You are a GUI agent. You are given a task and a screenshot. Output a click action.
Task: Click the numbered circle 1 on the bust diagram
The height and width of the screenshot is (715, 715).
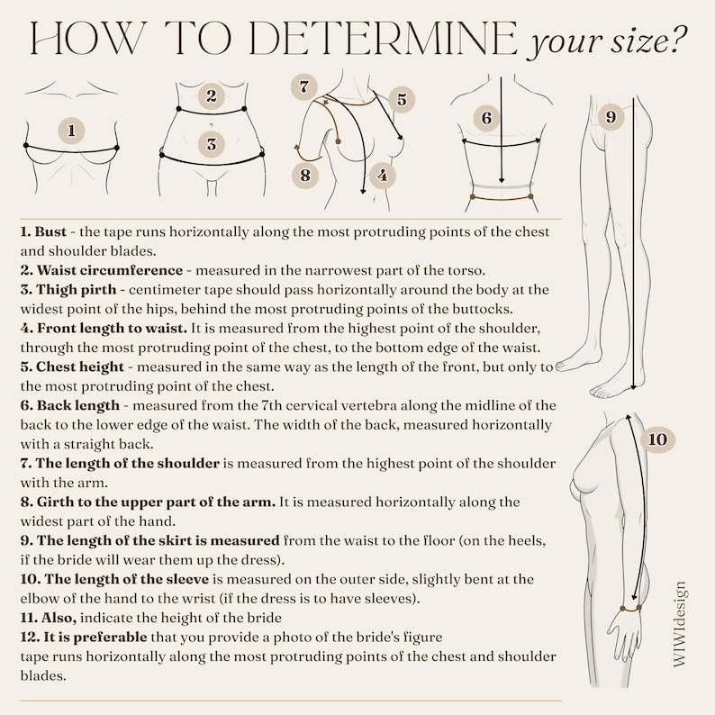[x=72, y=131]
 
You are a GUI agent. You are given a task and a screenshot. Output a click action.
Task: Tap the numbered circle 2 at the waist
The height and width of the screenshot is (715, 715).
[x=211, y=96]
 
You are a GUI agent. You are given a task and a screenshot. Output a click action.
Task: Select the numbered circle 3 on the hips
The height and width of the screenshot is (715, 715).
[x=211, y=144]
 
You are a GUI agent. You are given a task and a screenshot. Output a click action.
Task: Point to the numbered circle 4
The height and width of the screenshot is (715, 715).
[x=383, y=176]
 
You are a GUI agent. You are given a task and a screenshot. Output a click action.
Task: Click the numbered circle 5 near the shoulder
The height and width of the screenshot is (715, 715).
[x=402, y=99]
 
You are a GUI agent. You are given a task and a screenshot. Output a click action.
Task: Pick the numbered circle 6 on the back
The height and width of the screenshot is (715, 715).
[x=486, y=118]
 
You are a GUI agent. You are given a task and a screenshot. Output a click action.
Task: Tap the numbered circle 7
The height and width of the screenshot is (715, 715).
[x=304, y=86]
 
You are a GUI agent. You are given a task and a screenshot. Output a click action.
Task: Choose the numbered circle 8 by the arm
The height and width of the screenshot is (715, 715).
[x=305, y=175]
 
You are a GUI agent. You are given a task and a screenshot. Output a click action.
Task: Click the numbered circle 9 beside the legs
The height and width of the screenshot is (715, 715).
[x=611, y=117]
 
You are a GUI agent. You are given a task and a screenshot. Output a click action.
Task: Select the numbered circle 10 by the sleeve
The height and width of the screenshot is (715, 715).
[x=657, y=439]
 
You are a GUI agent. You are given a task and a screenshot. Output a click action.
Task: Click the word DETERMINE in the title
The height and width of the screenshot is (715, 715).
[x=383, y=39]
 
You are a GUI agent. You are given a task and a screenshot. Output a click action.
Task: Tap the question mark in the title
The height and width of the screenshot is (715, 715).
[x=676, y=41]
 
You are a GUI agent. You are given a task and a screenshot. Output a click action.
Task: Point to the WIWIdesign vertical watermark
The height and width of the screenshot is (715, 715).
[x=679, y=625]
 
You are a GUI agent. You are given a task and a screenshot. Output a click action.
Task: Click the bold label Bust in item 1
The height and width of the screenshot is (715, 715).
[x=50, y=231]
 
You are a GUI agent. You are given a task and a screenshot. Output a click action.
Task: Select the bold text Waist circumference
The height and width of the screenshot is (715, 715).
[x=110, y=270]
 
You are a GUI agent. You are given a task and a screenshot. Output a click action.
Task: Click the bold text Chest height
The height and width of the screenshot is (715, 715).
[x=80, y=367]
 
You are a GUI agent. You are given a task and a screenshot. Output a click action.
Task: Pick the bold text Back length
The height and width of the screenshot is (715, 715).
[x=78, y=405]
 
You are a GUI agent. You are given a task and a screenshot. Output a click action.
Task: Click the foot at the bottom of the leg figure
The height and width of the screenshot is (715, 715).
[x=611, y=388]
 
